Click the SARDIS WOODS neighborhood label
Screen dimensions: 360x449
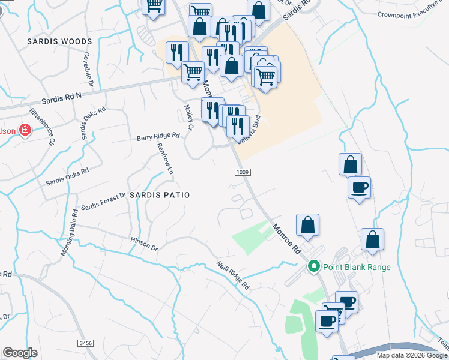pos(60,41)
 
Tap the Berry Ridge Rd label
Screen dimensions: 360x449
pos(158,137)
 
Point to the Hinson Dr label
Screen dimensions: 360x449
pos(143,244)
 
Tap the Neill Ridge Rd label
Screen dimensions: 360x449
pos(233,276)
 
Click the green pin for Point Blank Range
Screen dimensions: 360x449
pos(313,267)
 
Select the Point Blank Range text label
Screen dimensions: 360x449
pos(357,268)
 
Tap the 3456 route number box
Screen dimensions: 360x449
pos(85,343)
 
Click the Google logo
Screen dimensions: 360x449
pos(20,353)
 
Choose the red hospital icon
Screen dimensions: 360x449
pos(25,130)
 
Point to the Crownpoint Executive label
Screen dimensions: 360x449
pos(413,14)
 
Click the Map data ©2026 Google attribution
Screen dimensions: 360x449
pos(412,355)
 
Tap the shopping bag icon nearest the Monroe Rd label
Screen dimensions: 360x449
pos(307,226)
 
